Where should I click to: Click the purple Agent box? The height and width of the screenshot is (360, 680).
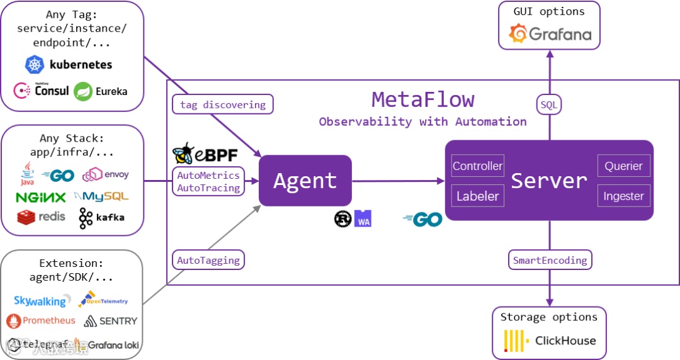pyautogui.click(x=305, y=181)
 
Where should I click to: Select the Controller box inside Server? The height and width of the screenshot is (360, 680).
pyautogui.click(x=478, y=167)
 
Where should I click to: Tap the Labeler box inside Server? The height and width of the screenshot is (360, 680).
pyautogui.click(x=478, y=196)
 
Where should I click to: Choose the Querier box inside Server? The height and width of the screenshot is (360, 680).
pyautogui.click(x=623, y=167)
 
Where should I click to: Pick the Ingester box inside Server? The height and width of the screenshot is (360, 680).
pyautogui.click(x=623, y=196)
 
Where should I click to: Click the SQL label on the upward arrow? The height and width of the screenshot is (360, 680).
pyautogui.click(x=549, y=104)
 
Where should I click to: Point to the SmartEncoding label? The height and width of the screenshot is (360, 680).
pyautogui.click(x=550, y=259)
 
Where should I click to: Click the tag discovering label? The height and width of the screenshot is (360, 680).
pyautogui.click(x=223, y=104)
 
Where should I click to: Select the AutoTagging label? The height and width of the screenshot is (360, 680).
pyautogui.click(x=208, y=259)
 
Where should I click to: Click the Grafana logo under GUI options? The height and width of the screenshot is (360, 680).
pyautogui.click(x=550, y=33)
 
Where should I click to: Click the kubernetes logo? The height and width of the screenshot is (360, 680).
pyautogui.click(x=69, y=64)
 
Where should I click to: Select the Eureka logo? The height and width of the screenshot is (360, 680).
pyautogui.click(x=101, y=91)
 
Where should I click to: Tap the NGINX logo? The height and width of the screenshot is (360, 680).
pyautogui.click(x=41, y=197)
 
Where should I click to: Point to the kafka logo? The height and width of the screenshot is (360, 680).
pyautogui.click(x=101, y=218)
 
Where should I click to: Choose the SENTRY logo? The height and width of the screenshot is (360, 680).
pyautogui.click(x=110, y=321)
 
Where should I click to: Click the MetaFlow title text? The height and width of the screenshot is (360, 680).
pyautogui.click(x=422, y=99)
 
